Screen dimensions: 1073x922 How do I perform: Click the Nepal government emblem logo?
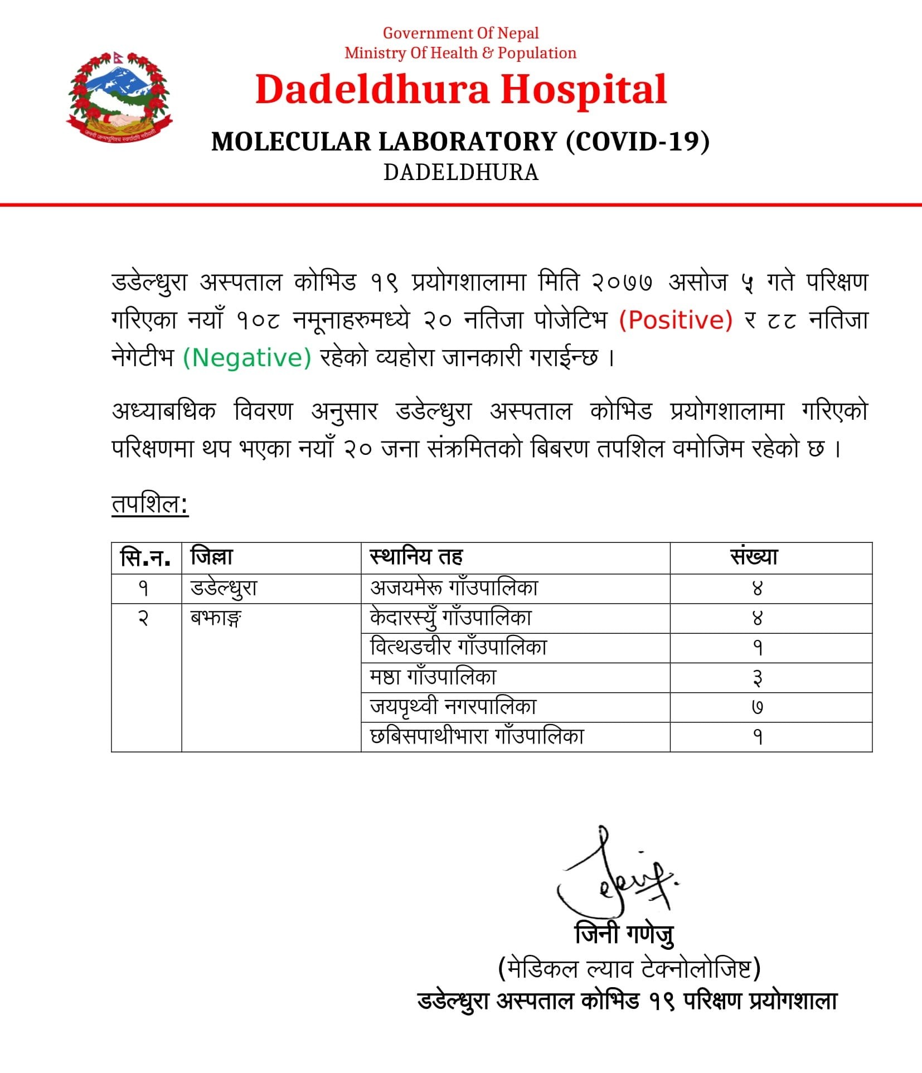(119, 98)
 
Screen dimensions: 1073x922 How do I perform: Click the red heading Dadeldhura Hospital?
(460, 90)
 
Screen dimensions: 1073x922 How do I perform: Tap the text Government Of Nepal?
(460, 33)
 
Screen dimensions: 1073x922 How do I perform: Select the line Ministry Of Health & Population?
(460, 54)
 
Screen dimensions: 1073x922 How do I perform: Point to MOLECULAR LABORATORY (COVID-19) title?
(460, 142)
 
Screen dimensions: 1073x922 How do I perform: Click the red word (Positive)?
(676, 321)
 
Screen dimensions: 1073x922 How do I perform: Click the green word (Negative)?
(247, 358)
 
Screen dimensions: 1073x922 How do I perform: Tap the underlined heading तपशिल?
(150, 504)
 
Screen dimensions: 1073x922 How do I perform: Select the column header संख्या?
(754, 557)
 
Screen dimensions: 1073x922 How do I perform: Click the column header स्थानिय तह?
(416, 557)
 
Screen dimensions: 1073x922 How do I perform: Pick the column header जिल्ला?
(212, 557)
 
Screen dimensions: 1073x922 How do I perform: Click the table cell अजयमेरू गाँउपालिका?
(454, 588)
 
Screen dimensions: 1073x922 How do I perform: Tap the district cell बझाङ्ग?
(215, 618)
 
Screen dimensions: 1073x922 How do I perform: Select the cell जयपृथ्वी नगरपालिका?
(453, 707)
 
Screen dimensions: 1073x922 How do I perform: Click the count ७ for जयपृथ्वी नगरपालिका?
(757, 707)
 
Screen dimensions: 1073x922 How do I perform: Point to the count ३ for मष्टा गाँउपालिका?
(757, 678)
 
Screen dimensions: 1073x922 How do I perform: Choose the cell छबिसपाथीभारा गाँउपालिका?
(477, 736)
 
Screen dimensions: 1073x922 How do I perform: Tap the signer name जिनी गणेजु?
(624, 934)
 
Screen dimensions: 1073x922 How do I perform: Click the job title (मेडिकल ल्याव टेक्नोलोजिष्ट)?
(629, 969)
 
